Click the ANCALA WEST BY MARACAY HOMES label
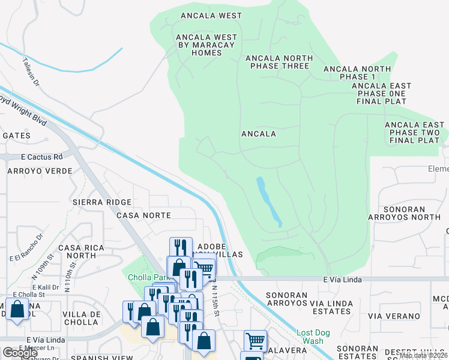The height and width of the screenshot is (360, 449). coord(206,45)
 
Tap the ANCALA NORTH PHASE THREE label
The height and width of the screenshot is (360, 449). coord(279,62)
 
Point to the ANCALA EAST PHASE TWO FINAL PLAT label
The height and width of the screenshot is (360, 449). coord(414,133)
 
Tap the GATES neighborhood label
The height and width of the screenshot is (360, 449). coord(16,136)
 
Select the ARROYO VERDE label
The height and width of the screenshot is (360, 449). coord(40,171)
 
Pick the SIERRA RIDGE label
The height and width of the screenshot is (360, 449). coord(101,202)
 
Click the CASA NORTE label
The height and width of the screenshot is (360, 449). coord(143,215)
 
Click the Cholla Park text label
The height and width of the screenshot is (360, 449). coord(146,277)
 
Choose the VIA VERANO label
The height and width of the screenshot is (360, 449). coord(394,316)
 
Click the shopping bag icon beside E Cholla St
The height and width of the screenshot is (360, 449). coord(17,310)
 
